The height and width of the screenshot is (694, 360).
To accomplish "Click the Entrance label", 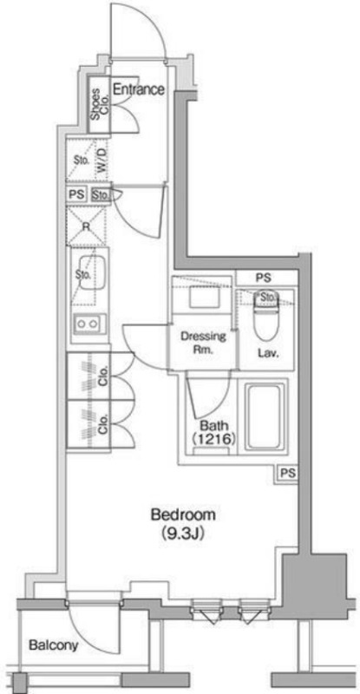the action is tap(139, 89).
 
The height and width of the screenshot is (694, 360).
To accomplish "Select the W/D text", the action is tap(101, 160).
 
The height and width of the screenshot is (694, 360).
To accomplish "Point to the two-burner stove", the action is tap(89, 324).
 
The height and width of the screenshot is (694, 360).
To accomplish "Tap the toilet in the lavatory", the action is tap(266, 317).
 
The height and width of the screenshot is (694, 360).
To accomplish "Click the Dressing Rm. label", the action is tap(203, 343).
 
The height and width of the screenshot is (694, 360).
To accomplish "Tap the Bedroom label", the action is tap(183, 515).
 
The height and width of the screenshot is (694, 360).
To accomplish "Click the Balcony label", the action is tap(53, 645).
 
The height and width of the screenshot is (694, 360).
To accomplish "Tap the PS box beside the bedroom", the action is tap(288, 473).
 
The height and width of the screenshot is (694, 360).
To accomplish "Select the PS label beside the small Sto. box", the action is tap(76, 194).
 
